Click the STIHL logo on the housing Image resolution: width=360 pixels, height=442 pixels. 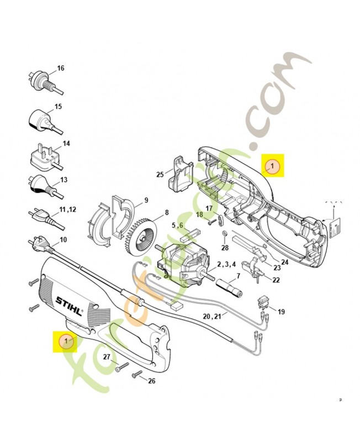tap(68, 302)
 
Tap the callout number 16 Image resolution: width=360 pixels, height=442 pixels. tap(61, 69)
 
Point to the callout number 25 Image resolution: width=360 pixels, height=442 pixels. tap(160, 175)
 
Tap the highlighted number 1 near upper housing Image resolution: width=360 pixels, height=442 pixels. tap(272, 165)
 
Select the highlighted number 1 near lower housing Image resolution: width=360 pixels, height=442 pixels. tap(66, 341)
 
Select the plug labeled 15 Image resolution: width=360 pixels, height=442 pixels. tap(40, 119)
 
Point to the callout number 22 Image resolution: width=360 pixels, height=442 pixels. tap(276, 280)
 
